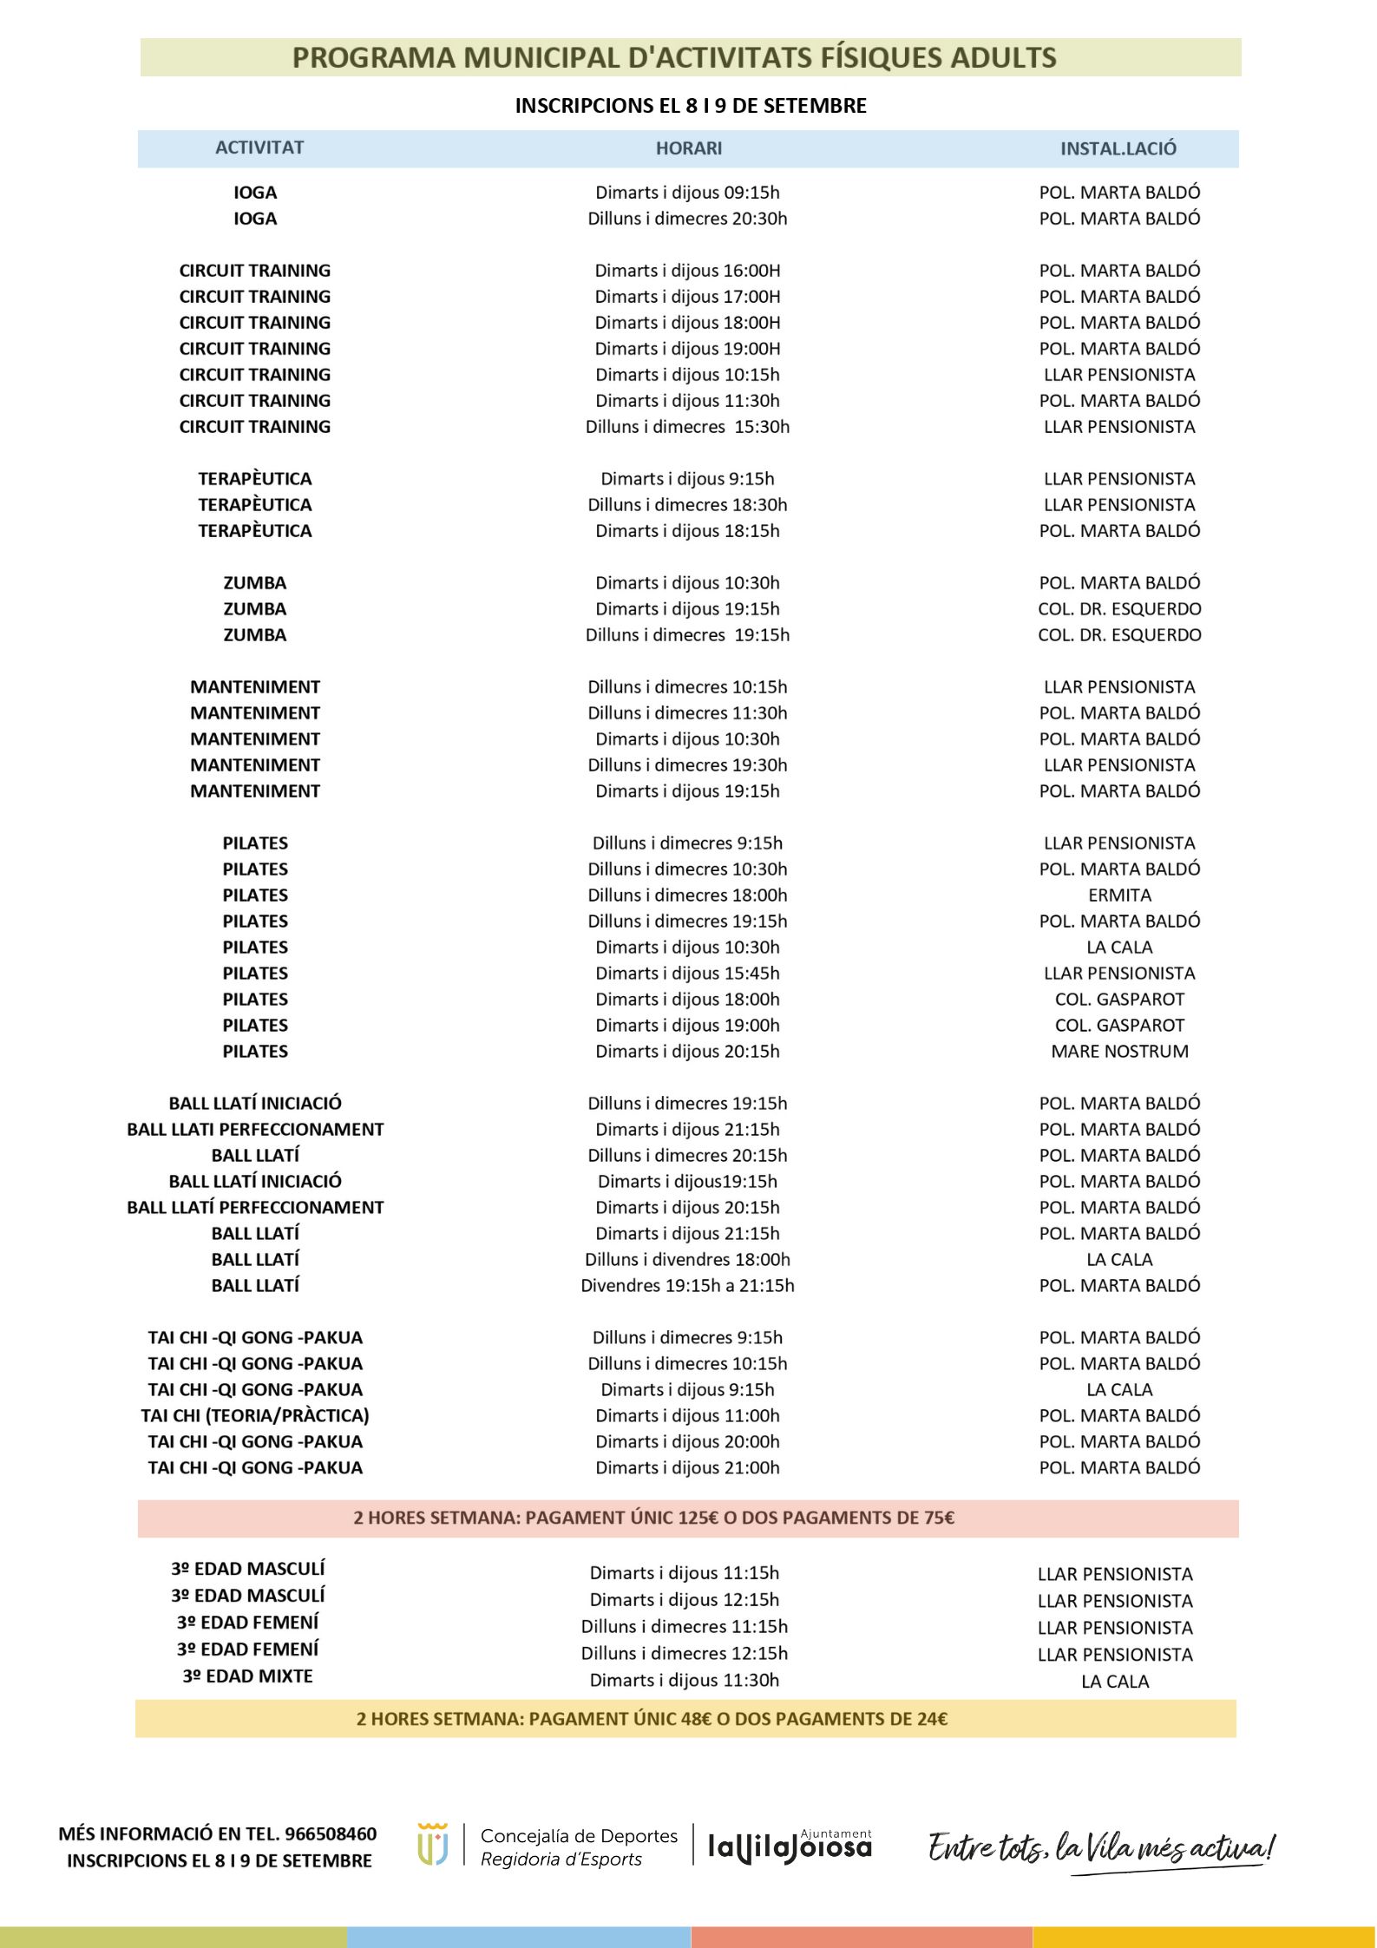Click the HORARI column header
(688, 148)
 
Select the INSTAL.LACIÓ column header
(1118, 148)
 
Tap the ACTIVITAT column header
(259, 148)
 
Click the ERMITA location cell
(1119, 895)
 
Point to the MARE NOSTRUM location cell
(1119, 1051)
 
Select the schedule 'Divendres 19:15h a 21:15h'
(687, 1285)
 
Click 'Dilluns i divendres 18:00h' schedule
(687, 1259)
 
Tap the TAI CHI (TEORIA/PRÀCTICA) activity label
(255, 1415)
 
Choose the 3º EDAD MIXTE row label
(247, 1676)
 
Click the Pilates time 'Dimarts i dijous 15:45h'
(687, 973)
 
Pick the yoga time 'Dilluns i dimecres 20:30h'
(687, 218)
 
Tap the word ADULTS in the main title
(1003, 57)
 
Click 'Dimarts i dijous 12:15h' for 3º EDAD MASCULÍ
(685, 1599)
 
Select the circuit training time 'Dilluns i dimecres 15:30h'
(687, 426)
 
